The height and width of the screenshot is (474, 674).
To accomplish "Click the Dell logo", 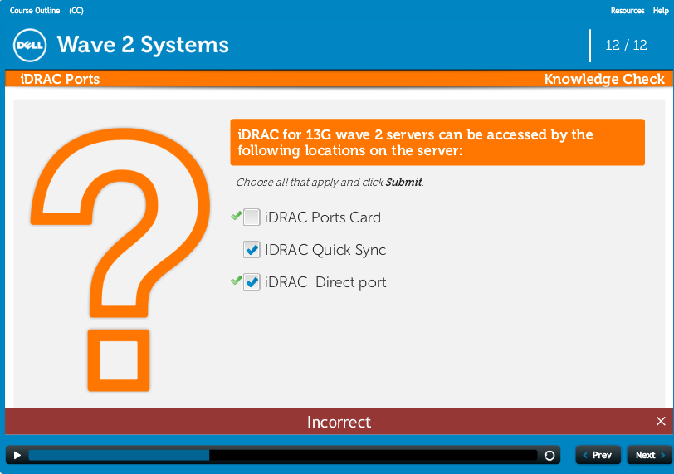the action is [x=30, y=45].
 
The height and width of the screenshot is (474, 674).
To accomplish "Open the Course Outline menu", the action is [x=35, y=11].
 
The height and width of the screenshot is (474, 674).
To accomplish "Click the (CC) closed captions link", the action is [x=76, y=11].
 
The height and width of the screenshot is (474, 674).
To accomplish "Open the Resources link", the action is [x=628, y=11].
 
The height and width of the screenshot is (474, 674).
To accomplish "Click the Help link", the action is [x=661, y=11].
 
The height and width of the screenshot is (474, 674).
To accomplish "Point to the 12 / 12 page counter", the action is [x=626, y=45].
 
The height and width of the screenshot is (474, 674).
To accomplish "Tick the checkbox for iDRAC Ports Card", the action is [x=252, y=217].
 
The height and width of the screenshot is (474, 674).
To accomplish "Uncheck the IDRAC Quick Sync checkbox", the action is [x=252, y=249].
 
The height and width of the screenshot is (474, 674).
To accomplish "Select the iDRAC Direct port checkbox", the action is [x=252, y=282].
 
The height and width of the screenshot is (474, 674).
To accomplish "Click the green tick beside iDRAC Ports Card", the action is [x=236, y=215].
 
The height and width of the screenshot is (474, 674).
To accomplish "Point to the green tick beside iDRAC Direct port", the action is [x=236, y=281].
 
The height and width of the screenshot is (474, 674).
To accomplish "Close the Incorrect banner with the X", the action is [x=661, y=421].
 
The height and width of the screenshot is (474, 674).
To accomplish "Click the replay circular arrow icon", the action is [x=549, y=456].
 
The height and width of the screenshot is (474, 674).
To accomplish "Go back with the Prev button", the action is [x=598, y=455].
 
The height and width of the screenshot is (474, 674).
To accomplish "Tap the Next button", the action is [x=649, y=455].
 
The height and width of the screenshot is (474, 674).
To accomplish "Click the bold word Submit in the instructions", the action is [x=403, y=182].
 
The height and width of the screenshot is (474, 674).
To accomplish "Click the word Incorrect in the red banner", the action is [x=339, y=422].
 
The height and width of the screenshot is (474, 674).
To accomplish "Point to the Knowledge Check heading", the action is [x=604, y=79].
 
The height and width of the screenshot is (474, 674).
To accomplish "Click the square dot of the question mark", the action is [x=119, y=360].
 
